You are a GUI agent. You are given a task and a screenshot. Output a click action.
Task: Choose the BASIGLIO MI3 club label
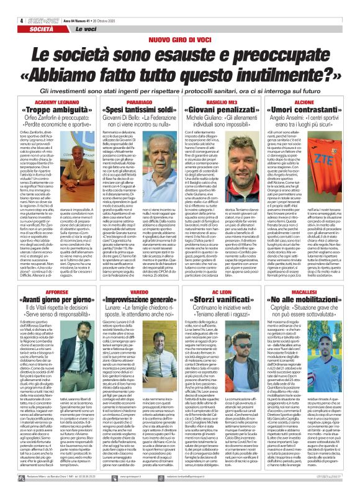(224, 101)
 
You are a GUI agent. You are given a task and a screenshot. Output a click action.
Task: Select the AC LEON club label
(224, 273)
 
